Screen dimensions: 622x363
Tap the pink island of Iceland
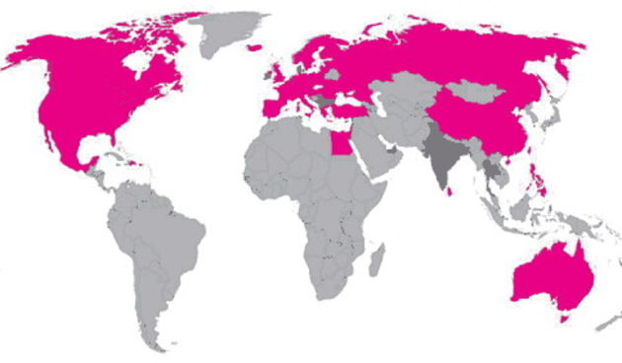click(x=254, y=46)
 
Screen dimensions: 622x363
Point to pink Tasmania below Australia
click(x=565, y=318)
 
